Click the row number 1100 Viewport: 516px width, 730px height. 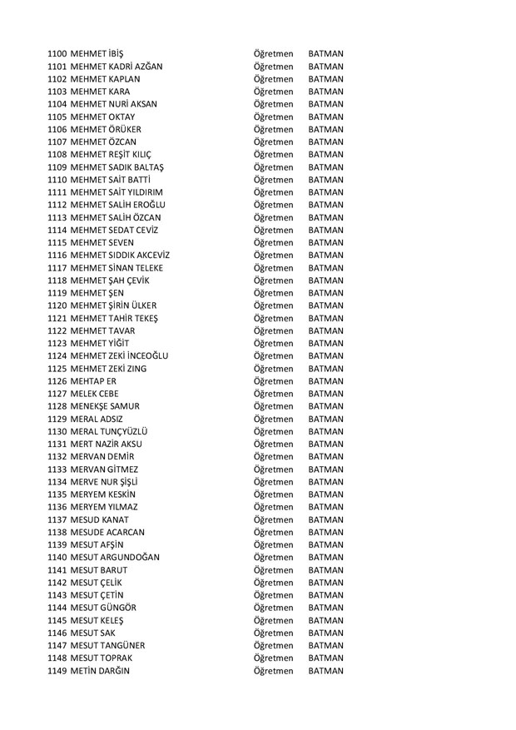(x=57, y=53)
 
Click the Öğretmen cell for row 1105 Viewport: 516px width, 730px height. (x=273, y=117)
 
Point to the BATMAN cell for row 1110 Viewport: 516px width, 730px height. (x=325, y=180)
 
